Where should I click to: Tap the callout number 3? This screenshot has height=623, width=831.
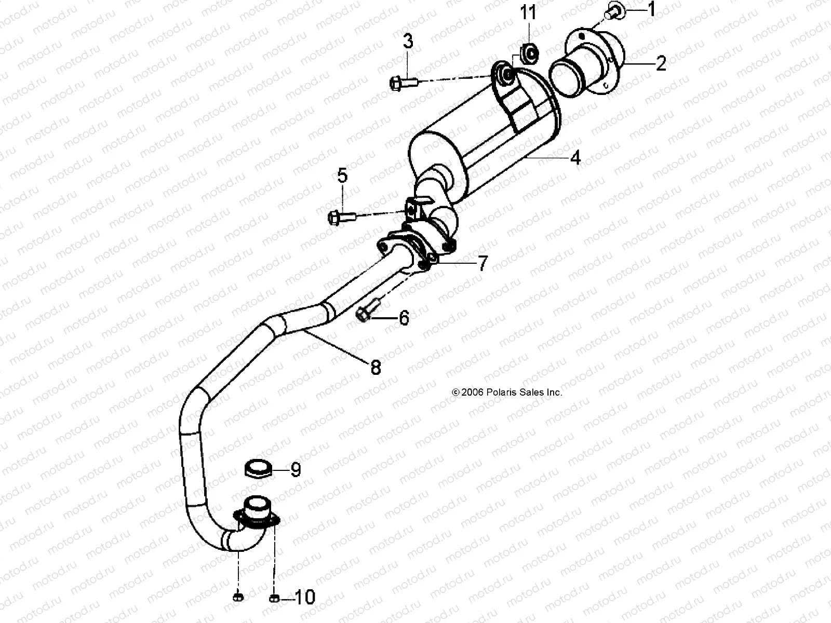point(408,41)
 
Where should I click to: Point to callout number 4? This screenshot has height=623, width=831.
point(575,158)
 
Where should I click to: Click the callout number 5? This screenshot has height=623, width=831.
point(342,176)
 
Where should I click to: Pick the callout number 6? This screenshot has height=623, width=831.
point(404,317)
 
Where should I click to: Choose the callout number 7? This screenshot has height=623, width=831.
point(482,264)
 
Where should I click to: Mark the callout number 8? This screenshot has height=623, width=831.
point(376,368)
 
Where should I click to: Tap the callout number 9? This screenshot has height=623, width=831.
point(296,470)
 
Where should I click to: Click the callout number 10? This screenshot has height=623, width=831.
point(305,598)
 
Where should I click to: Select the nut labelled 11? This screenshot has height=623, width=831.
point(529,52)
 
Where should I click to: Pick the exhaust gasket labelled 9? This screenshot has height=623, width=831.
point(259,469)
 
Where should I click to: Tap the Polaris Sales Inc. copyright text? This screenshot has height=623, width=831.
point(500,392)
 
